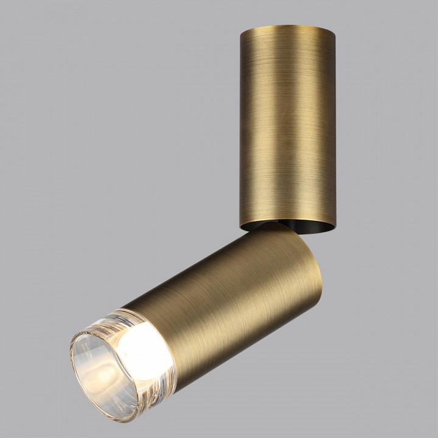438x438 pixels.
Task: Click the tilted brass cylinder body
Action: pyautogui.click(x=231, y=292)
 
